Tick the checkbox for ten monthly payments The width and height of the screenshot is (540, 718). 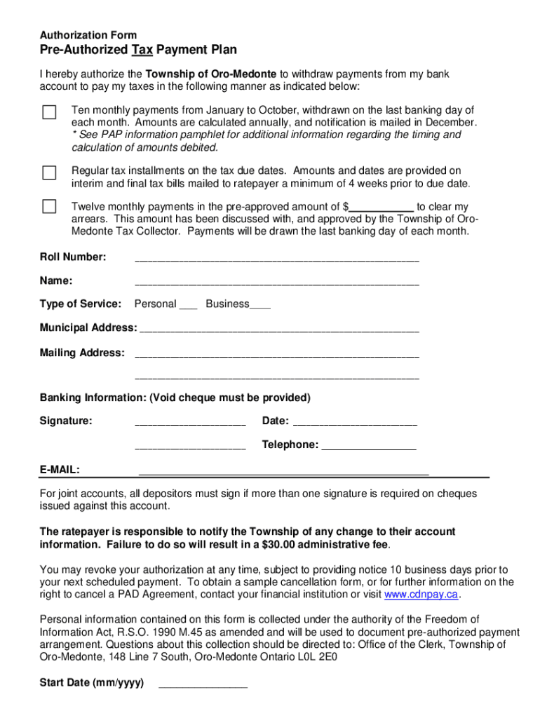49,112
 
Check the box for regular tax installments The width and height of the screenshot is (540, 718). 49,172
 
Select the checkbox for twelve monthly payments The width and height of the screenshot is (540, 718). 49,206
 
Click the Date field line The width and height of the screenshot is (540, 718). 354,423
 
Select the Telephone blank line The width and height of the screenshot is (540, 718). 369,447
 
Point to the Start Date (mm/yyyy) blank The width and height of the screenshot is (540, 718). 203,685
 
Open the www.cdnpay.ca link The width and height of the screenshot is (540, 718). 421,595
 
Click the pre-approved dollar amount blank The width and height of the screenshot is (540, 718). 382,208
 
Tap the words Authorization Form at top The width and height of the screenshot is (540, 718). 88,35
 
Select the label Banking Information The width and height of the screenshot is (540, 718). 92,398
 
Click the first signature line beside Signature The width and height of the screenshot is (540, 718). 189,423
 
